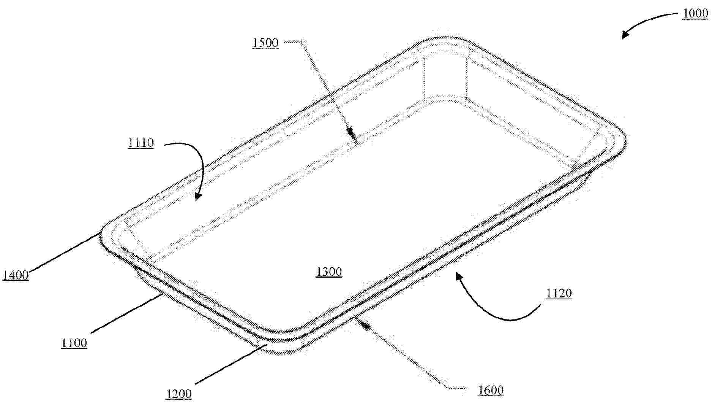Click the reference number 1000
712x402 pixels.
pos(695,14)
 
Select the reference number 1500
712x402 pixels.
pos(266,43)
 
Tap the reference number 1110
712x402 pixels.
pos(141,143)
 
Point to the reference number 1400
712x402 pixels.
pos(16,275)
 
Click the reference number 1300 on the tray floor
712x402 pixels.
pos(329,272)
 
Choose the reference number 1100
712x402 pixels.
pos(74,343)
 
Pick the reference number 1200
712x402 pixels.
pos(178,394)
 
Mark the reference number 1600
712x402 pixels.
pos(491,390)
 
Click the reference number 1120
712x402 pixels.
pos(559,293)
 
